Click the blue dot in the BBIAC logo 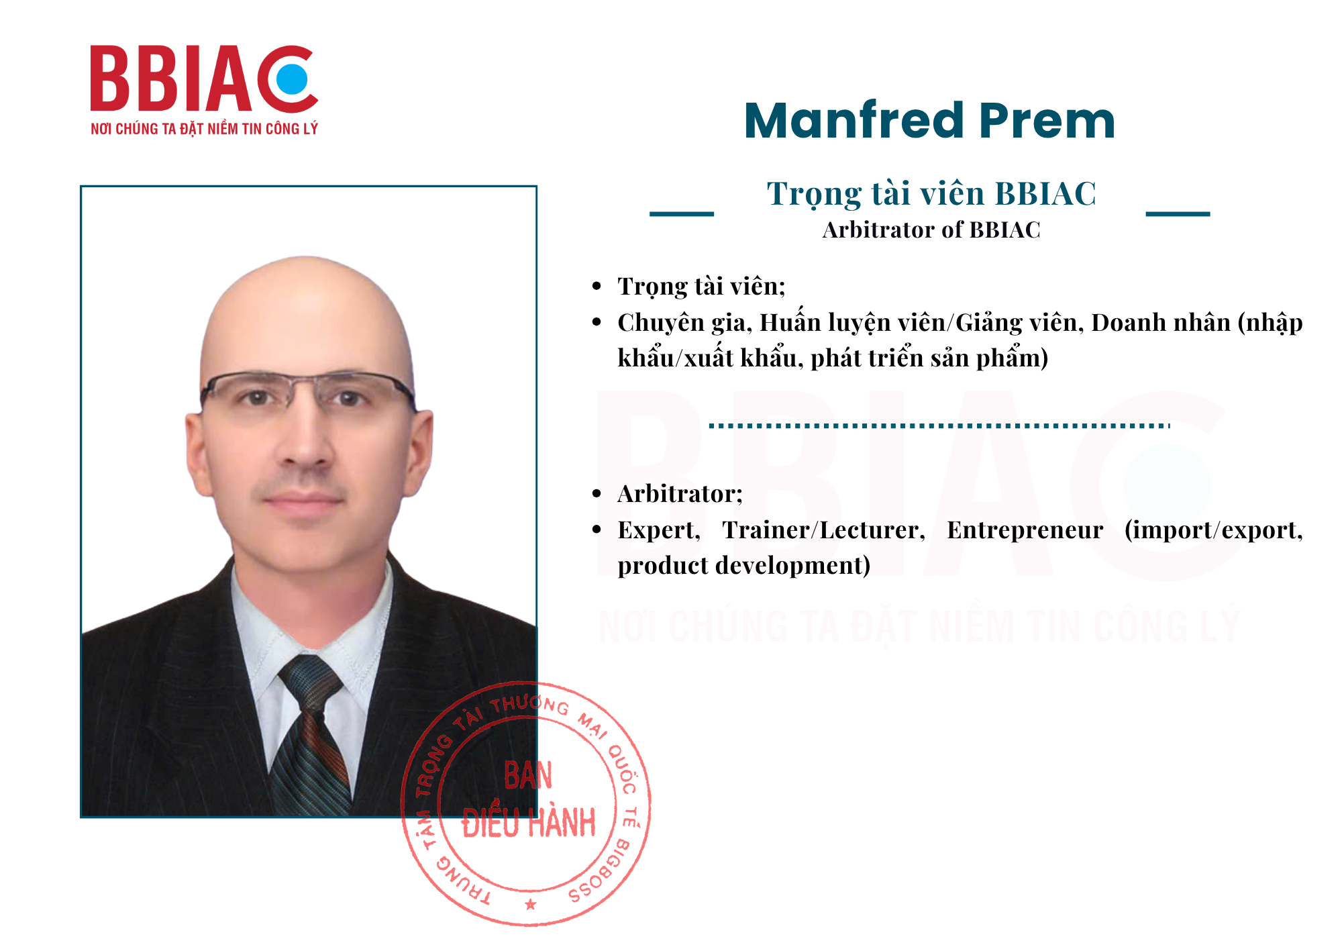[x=292, y=79]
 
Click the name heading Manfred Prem [x=929, y=121]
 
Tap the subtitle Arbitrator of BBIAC [x=931, y=230]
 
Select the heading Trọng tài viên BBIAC [x=931, y=195]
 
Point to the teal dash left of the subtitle [x=681, y=214]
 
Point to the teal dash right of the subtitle [x=1178, y=214]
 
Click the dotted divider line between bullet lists [x=939, y=426]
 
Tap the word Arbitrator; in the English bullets [x=680, y=494]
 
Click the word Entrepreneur [x=1025, y=530]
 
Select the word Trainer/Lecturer [x=823, y=530]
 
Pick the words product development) [x=744, y=566]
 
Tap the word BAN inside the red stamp [x=528, y=777]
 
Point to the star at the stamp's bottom [x=531, y=904]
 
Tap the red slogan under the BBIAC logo [x=204, y=129]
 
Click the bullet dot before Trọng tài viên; [x=597, y=287]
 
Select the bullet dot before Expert [x=597, y=530]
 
